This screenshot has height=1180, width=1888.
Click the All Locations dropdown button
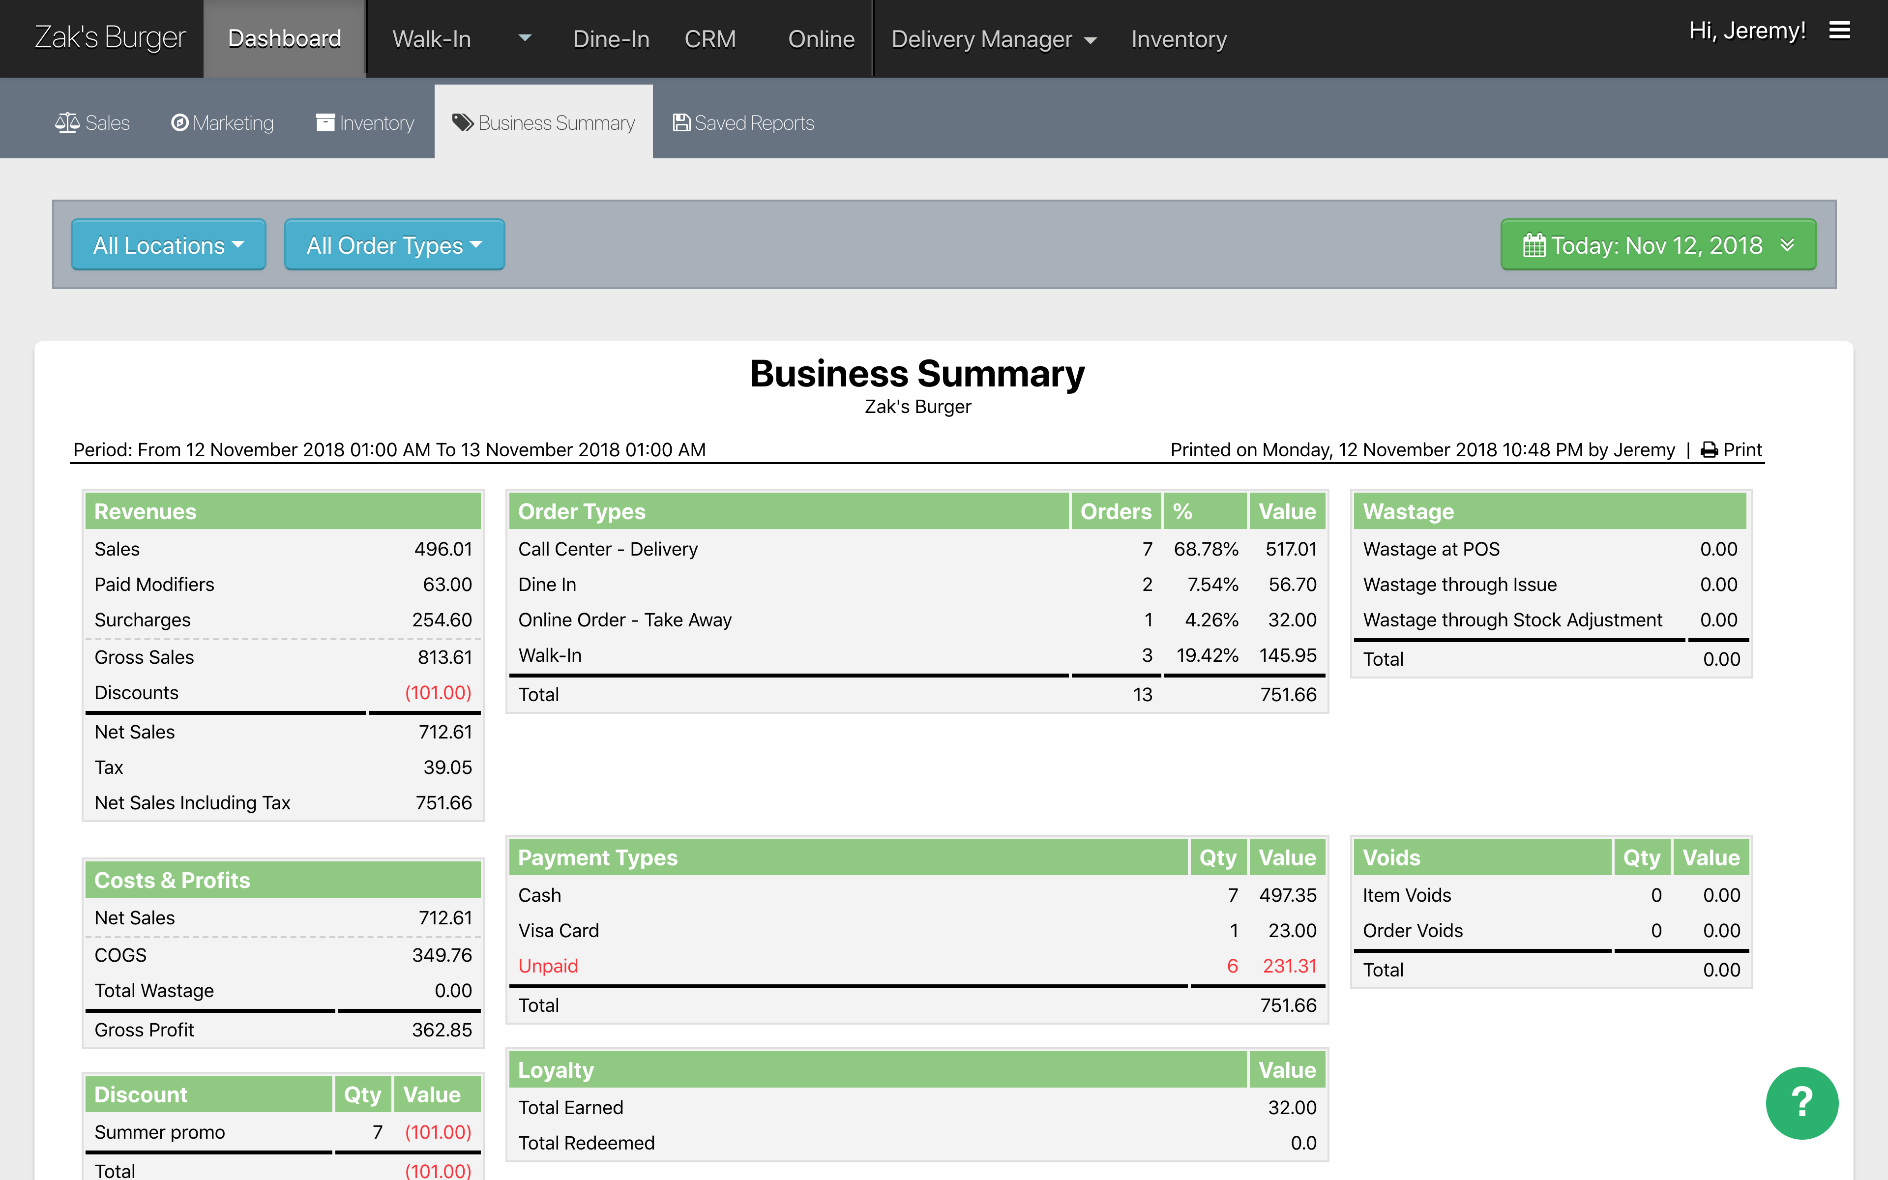coord(168,245)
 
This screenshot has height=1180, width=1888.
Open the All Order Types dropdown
coord(394,245)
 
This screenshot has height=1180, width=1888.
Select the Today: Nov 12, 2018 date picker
coord(1658,245)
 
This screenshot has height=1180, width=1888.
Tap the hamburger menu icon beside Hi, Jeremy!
coord(1840,30)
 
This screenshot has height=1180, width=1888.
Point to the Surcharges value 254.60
coord(442,619)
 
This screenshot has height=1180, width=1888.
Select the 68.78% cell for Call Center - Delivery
coord(1206,549)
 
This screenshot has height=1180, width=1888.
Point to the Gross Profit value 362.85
coord(442,1030)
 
